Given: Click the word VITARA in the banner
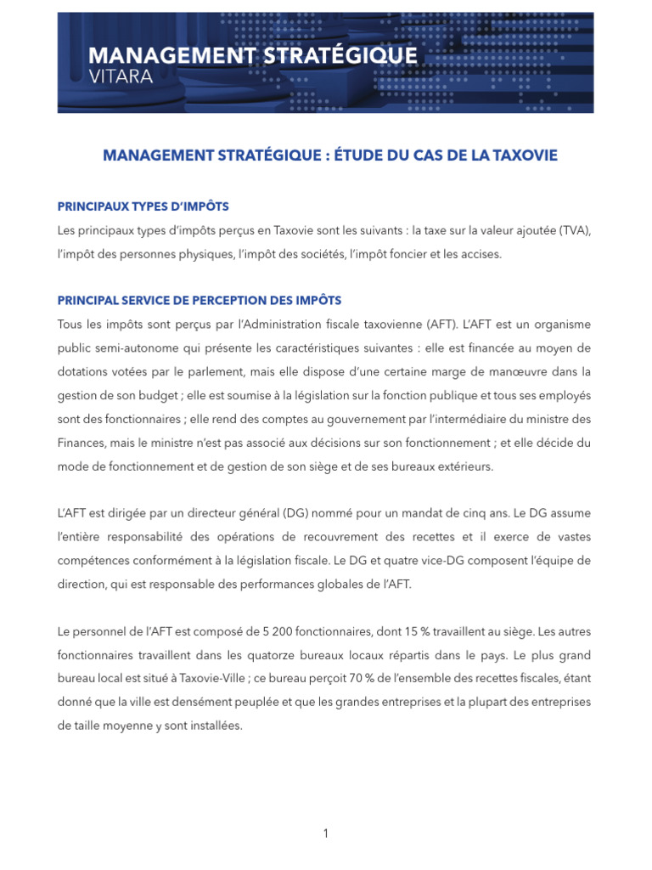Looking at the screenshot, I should coord(120,76).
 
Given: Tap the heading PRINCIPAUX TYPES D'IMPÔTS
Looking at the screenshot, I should coord(143,206).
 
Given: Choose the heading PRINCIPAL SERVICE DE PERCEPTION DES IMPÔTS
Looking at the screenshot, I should coord(200,301).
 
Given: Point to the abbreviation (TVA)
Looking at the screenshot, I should coord(574,231).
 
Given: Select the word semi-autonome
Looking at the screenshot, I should coord(128,348).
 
